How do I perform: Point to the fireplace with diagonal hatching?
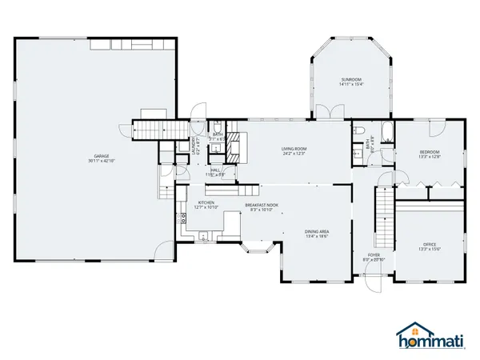click(234, 149)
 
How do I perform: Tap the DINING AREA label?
click(317, 232)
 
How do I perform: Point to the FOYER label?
click(374, 254)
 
